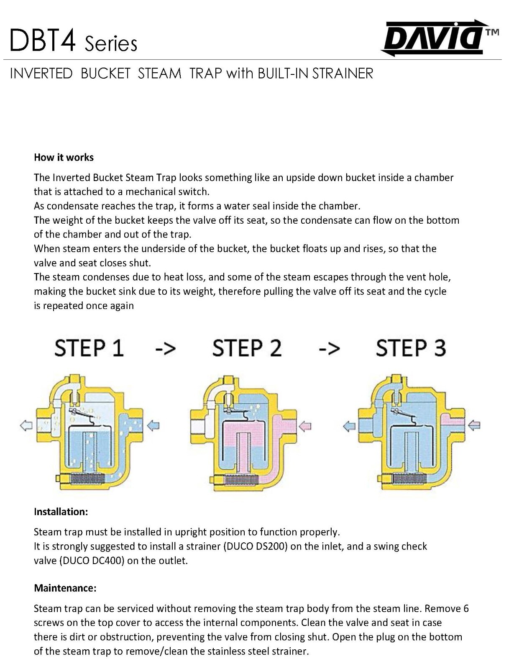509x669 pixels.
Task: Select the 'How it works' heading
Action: pos(64,158)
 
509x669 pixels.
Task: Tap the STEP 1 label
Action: pos(89,348)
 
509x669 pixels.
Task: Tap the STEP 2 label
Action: pos(247,348)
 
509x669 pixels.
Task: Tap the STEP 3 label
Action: pos(411,348)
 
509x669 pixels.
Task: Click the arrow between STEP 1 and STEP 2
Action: pos(165,349)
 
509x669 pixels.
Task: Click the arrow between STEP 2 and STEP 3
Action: pos(329,349)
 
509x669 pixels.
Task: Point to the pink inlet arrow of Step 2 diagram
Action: pos(305,426)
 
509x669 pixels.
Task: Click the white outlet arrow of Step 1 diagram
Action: pos(26,426)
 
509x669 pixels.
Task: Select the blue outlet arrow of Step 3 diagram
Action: pos(349,426)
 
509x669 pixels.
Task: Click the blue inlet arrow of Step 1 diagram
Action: pos(153,426)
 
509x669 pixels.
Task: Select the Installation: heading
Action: pos(61,512)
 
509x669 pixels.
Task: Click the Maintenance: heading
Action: pos(65,588)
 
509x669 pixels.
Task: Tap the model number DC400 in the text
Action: pos(108,561)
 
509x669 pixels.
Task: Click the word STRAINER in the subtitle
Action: pos(343,74)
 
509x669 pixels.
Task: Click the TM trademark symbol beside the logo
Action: pos(492,32)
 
